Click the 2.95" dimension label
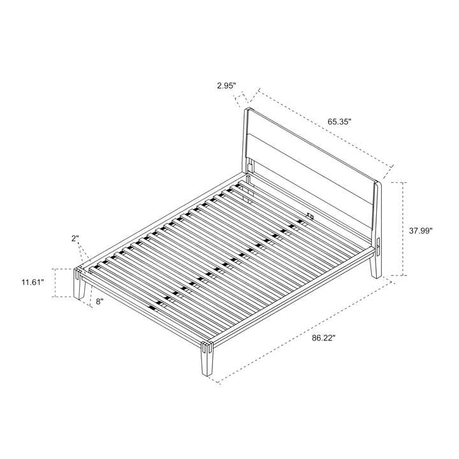(226, 86)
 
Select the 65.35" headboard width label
(339, 122)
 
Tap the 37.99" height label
(421, 231)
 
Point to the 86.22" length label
(323, 338)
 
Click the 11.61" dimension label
(33, 282)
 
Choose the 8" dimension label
(100, 302)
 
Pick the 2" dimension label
(75, 238)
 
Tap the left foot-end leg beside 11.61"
(79, 284)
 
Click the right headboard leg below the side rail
(375, 266)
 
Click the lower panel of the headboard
(310, 181)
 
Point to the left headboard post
(245, 141)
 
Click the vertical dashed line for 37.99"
(405, 229)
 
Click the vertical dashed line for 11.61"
(55, 283)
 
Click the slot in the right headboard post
(377, 247)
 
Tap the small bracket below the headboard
(310, 217)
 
